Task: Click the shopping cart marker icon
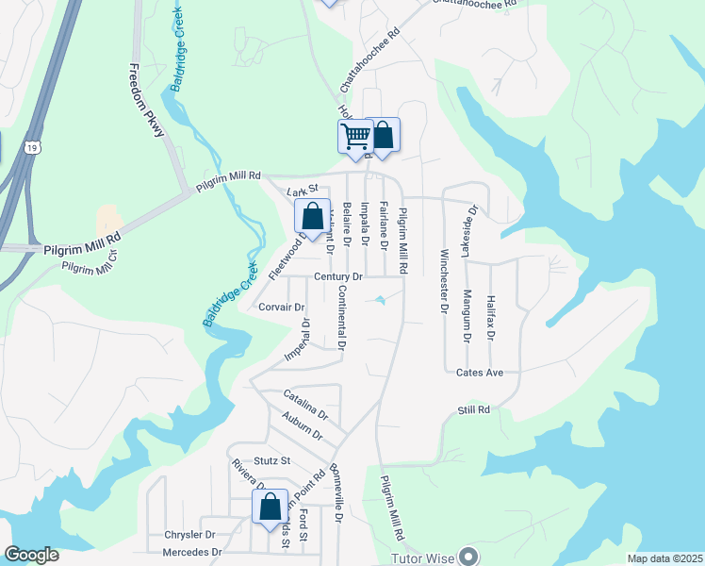tap(355, 137)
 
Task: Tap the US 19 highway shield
tap(34, 147)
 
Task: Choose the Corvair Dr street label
tap(281, 308)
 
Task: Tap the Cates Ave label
tap(480, 373)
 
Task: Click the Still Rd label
tap(474, 410)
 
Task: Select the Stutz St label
tap(271, 461)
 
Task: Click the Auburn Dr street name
tap(302, 428)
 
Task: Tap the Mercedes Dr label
tap(192, 552)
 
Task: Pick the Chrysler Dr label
tap(190, 535)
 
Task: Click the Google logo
tap(31, 555)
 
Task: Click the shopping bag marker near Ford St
tap(270, 507)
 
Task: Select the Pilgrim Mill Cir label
tap(90, 261)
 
